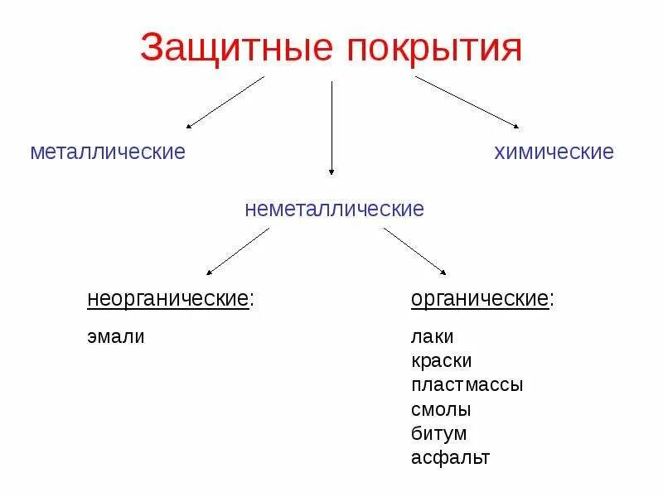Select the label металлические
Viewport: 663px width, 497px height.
[x=108, y=152]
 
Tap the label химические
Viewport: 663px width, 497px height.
[x=554, y=152]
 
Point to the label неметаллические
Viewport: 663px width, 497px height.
[x=334, y=209]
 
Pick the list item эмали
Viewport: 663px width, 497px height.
[x=116, y=337]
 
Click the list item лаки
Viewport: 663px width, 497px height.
[x=433, y=337]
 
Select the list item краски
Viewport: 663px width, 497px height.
[x=441, y=361]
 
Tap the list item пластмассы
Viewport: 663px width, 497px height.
[x=467, y=385]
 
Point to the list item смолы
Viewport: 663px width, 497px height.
[x=441, y=409]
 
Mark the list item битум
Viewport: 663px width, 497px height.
[x=439, y=433]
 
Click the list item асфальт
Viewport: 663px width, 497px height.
[x=450, y=457]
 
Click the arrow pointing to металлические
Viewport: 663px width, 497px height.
[x=225, y=102]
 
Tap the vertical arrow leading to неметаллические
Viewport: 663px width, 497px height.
[x=331, y=128]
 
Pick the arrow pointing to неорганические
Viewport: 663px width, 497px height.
[x=238, y=251]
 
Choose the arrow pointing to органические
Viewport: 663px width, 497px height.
[x=415, y=251]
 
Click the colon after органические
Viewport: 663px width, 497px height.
[x=552, y=300]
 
